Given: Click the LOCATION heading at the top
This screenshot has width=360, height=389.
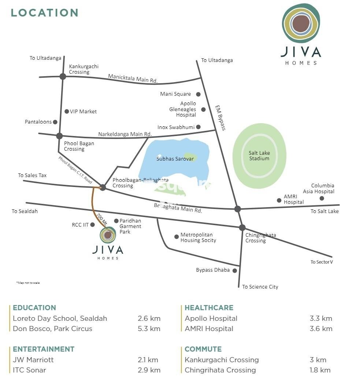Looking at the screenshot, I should point(45,13).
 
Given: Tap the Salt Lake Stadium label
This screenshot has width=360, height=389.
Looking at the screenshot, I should point(259,156).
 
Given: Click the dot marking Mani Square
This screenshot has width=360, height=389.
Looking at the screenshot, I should point(198,94).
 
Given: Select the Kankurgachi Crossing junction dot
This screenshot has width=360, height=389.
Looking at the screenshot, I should point(63,76).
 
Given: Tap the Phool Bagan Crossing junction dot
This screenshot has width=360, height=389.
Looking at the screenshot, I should point(59,136).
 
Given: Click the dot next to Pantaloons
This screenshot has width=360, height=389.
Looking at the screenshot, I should point(55,122).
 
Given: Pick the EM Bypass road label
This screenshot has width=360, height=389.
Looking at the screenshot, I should point(220,118).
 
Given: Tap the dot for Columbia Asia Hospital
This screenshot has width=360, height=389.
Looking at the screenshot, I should point(322,198).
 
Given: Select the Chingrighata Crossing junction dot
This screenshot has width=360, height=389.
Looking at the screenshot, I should point(242,227).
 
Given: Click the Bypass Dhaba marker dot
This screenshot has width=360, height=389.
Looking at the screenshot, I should point(235,271).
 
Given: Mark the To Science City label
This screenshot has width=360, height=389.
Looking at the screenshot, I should point(260,287).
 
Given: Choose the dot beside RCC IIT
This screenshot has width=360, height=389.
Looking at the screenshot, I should point(93,225).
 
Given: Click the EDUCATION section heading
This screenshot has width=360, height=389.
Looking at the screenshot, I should point(34,308).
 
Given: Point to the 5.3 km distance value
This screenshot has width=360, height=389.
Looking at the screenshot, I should point(149,329).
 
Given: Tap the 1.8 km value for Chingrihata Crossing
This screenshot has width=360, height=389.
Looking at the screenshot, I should point(320,370).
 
